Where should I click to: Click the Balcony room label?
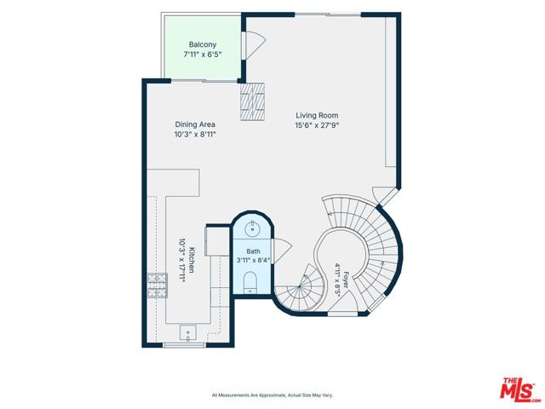click(x=203, y=44)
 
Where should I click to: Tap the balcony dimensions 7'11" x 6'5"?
click(x=203, y=55)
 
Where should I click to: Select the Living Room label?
click(x=317, y=115)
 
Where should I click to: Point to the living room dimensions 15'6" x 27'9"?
click(x=317, y=125)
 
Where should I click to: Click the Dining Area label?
click(x=195, y=124)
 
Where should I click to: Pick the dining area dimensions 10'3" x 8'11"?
click(x=195, y=135)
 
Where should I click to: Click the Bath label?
click(x=254, y=251)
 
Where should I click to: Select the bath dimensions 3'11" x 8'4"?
click(x=254, y=260)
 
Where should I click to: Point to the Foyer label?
click(x=346, y=280)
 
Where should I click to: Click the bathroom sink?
click(x=252, y=229)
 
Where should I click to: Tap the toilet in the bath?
click(x=250, y=282)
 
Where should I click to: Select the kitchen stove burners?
click(x=158, y=285)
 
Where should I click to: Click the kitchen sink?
click(x=187, y=333)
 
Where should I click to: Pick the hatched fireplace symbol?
click(x=252, y=101)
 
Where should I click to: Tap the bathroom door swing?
click(x=282, y=251)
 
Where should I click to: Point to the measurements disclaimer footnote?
click(x=272, y=395)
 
